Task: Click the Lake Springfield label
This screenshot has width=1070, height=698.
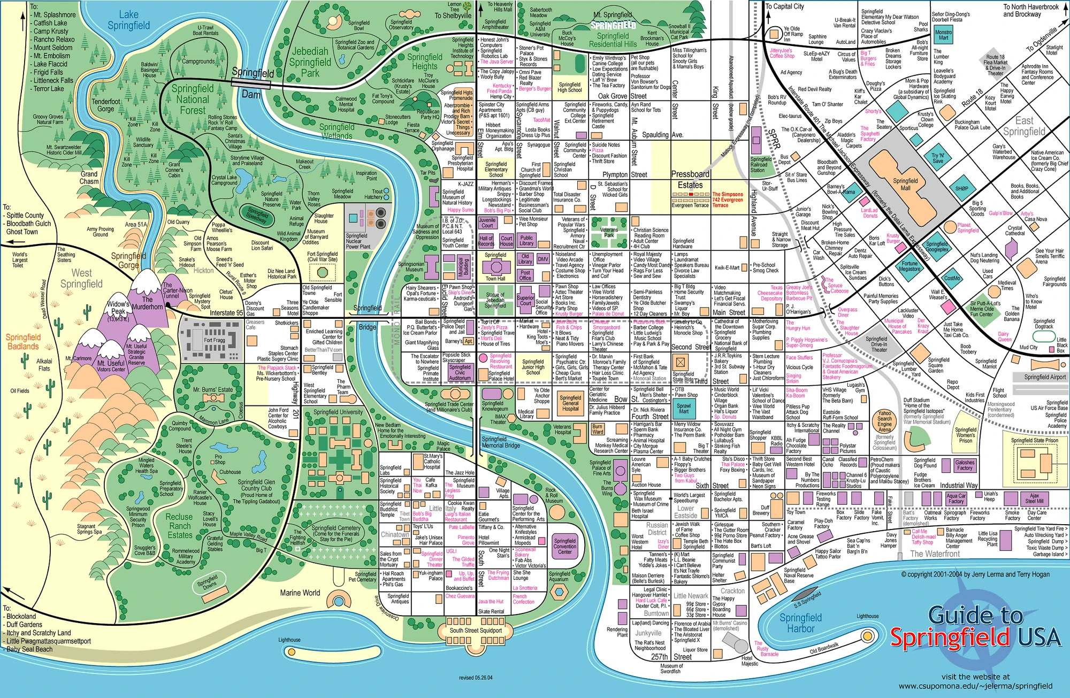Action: coord(128,20)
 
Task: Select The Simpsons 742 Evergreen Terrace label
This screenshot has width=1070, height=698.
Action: coord(728,200)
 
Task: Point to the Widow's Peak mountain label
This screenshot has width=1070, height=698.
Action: coord(118,308)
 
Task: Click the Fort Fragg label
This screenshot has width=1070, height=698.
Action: coord(214,340)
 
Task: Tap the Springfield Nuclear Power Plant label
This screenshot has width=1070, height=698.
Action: coord(357,241)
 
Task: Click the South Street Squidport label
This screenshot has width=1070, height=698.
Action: coord(476,630)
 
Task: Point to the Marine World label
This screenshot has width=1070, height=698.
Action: coord(300,593)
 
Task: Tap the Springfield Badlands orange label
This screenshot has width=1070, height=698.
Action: coord(23,342)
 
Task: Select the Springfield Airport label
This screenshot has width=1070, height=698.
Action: coord(1045,377)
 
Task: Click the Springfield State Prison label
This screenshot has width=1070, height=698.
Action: coord(1034,441)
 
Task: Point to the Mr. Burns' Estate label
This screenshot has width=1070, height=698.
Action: coord(213,390)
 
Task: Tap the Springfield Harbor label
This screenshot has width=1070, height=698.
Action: coord(800,623)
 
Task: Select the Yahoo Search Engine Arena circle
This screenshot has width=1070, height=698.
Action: coord(884,421)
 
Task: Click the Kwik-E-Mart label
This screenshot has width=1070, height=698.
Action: coord(727,267)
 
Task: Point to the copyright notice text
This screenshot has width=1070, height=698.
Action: coord(975,574)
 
